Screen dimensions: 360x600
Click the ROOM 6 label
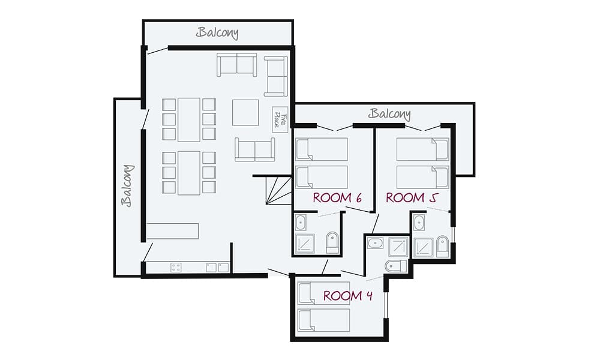pos(337,198)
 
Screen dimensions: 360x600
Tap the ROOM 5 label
pos(410,198)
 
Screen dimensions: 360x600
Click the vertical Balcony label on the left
pos(127,185)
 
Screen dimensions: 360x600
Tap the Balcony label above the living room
pos(217,32)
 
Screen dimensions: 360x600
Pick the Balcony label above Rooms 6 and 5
pos(390,113)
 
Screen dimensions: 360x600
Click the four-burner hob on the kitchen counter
pos(176,267)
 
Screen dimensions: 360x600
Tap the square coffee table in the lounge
pos(246,112)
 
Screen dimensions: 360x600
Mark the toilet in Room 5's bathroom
pos(442,246)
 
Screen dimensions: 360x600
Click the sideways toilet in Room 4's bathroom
pos(395,265)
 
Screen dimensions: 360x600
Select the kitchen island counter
pos(172,231)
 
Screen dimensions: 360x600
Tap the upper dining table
pos(188,119)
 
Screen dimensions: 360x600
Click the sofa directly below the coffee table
pos(255,149)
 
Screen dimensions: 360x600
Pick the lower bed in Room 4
pos(324,320)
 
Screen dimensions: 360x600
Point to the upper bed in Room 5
pos(422,149)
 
